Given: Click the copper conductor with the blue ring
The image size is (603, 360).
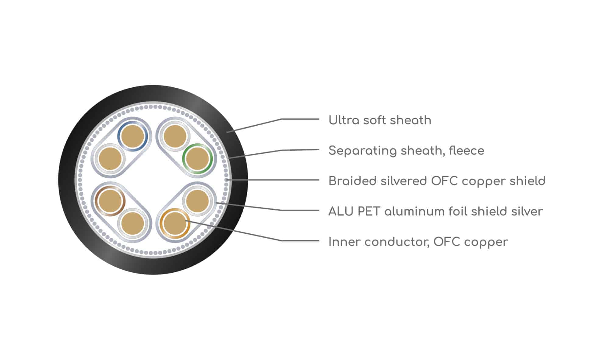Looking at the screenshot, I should (132, 136).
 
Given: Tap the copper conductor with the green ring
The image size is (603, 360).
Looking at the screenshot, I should (197, 159).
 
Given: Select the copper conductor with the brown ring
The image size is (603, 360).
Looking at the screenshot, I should (110, 201).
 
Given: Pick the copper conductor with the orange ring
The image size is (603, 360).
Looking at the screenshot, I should (175, 223).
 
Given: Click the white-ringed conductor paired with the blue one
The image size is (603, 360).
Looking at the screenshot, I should (110, 159).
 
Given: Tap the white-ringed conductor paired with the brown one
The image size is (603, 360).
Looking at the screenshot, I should (132, 223).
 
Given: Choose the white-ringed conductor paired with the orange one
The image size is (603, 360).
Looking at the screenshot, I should (197, 201).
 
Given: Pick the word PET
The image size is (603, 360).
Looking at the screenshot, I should (369, 211).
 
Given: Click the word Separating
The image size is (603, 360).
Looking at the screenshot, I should (359, 151).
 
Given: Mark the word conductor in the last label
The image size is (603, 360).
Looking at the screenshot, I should (397, 242).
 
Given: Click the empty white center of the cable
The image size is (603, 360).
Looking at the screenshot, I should (153, 180).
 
